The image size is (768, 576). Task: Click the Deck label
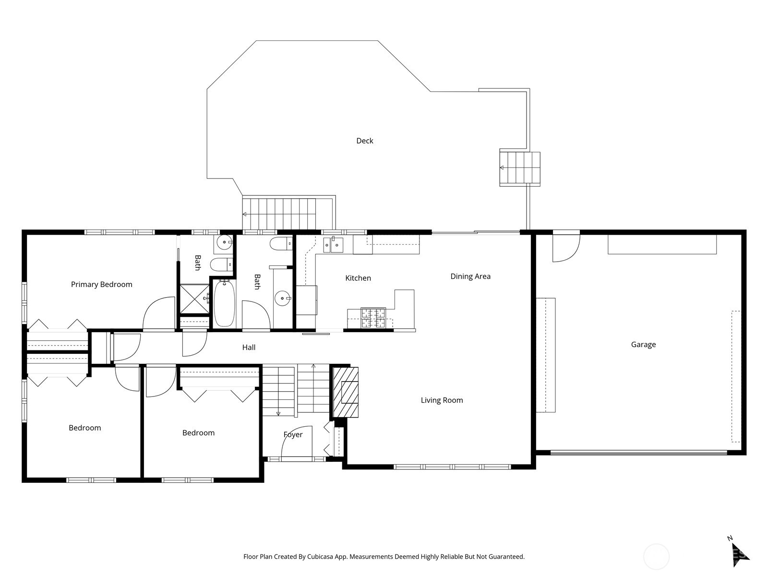[x=364, y=141]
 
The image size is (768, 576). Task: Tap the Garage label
[x=643, y=344]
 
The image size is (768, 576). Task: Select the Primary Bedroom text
[x=101, y=284]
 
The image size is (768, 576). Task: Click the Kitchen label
[x=358, y=278]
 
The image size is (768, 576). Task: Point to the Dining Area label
[x=470, y=276]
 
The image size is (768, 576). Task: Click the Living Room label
[x=442, y=400]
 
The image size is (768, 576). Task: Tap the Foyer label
[x=293, y=434]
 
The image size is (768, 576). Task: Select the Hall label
[x=249, y=347]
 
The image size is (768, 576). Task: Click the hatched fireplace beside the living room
[x=346, y=392]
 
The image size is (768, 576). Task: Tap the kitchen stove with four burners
[x=373, y=318]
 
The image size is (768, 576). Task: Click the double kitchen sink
[x=333, y=245]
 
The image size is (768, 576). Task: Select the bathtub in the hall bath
[x=224, y=303]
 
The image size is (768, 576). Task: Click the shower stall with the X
[x=194, y=299]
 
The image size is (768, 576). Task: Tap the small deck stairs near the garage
[x=520, y=168]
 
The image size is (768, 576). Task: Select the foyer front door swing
[x=296, y=442]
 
